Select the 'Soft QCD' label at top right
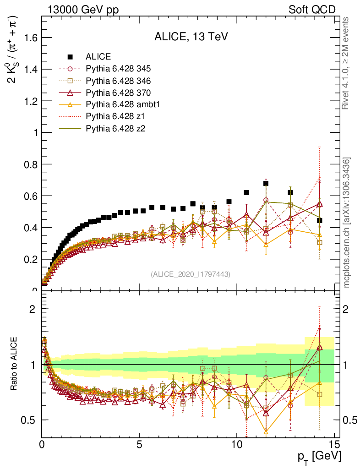(x=312, y=10)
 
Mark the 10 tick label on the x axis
(x=236, y=444)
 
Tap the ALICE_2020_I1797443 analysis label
(x=190, y=274)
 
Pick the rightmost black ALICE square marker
(x=319, y=221)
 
